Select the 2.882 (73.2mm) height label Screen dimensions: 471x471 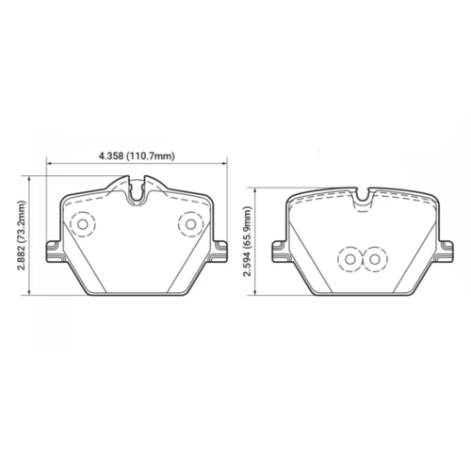point(21,238)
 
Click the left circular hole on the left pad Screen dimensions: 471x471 point(82,224)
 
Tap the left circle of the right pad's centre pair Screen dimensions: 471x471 point(349,257)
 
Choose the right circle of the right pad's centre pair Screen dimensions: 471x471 point(375,257)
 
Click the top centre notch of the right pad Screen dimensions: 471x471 point(363,198)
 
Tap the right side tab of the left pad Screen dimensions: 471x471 point(222,250)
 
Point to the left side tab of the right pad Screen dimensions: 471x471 point(278,250)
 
